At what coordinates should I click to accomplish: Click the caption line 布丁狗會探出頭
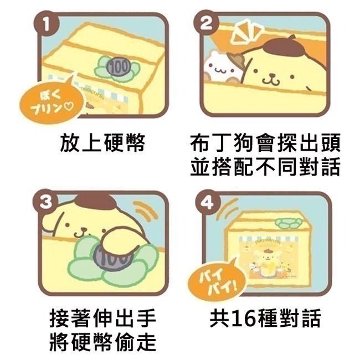coord(264,143)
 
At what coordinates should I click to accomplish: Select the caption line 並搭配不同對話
coord(264,167)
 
